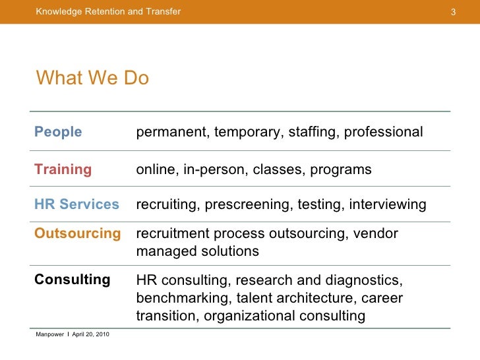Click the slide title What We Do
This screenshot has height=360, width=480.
[x=93, y=78]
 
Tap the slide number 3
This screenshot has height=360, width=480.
[x=453, y=12]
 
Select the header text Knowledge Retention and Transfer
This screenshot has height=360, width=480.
[x=108, y=12]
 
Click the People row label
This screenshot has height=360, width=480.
[x=58, y=132]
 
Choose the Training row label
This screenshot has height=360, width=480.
[x=63, y=169]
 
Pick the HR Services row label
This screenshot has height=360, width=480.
[x=76, y=204]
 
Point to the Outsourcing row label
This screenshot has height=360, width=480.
[x=77, y=233]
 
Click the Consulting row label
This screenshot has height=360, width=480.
[x=72, y=279]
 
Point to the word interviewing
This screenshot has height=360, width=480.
[x=388, y=205]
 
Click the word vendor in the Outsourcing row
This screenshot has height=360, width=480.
[x=376, y=234]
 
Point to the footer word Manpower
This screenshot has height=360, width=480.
[x=49, y=335]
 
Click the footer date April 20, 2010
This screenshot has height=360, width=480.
[x=91, y=335]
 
